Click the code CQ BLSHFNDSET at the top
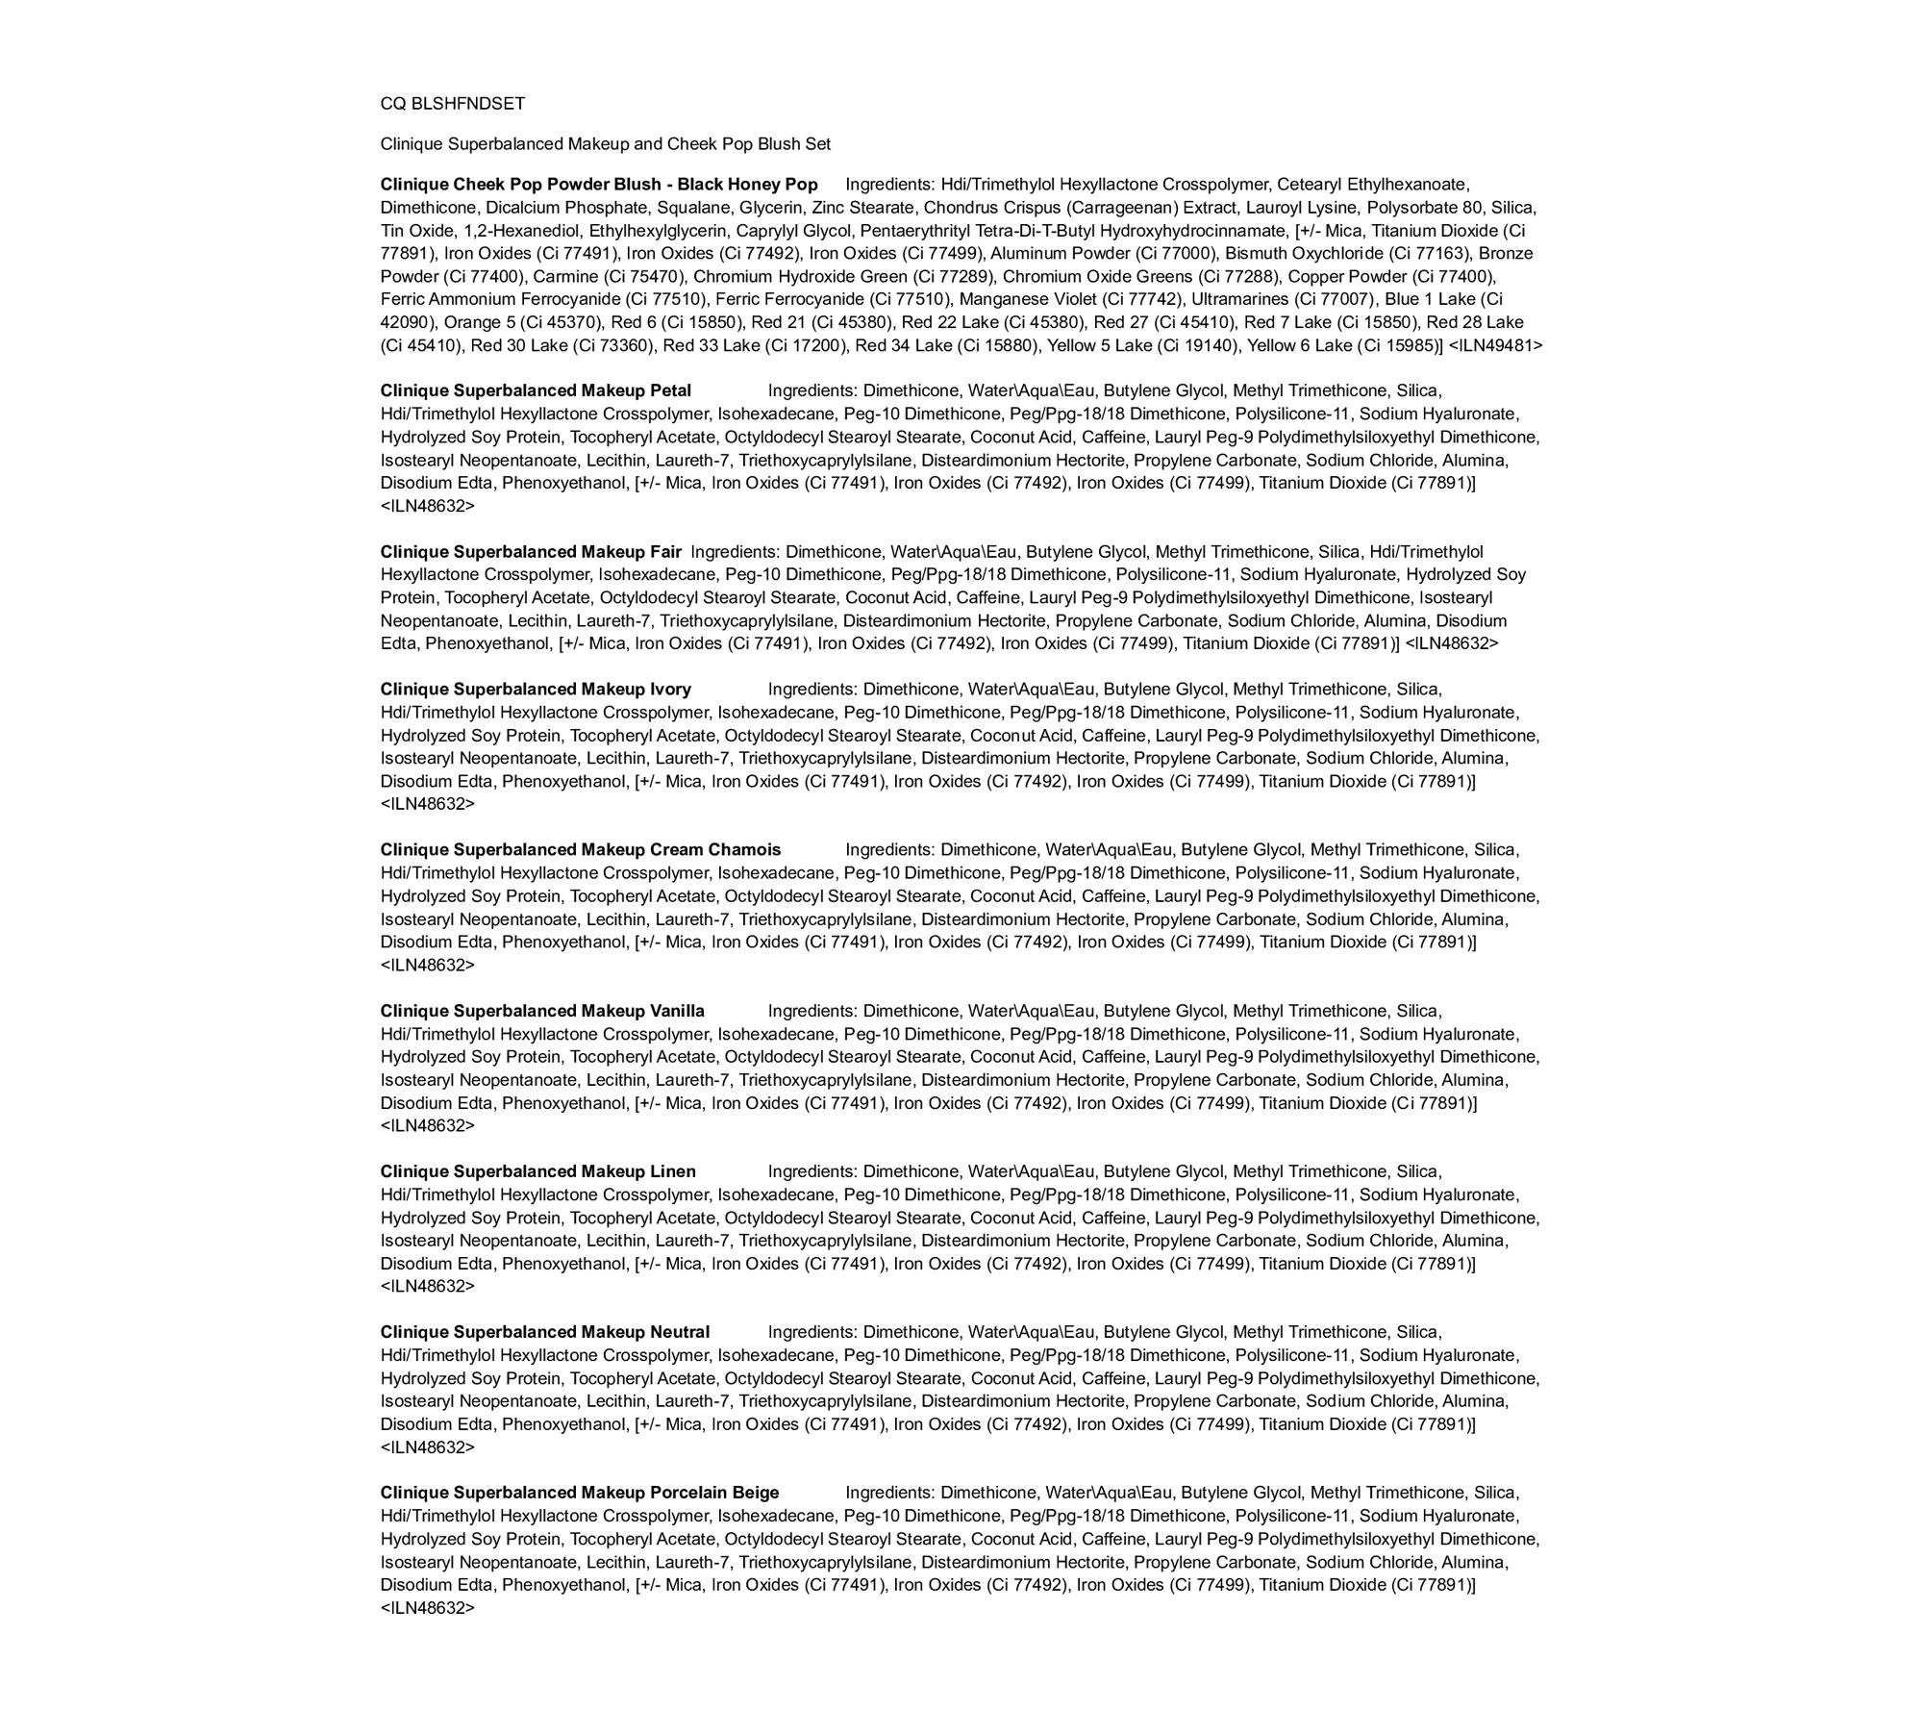click(x=452, y=104)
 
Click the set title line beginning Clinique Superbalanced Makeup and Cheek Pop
click(x=605, y=144)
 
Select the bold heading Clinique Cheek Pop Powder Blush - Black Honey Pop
click(x=598, y=185)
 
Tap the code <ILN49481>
click(x=1495, y=345)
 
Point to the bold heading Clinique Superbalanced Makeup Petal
click(x=536, y=391)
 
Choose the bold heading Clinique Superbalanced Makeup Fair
click(x=531, y=552)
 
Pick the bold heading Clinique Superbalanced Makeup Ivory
click(x=536, y=690)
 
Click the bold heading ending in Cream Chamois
click(x=580, y=850)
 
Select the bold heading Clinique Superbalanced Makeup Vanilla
click(x=542, y=1012)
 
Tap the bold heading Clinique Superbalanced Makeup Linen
click(x=537, y=1172)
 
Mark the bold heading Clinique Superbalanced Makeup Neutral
click(x=544, y=1333)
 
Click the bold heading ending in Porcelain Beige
click(x=579, y=1494)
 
